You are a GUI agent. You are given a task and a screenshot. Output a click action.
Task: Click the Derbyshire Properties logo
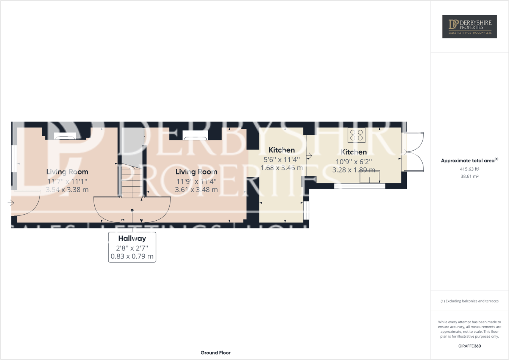[x=469, y=26]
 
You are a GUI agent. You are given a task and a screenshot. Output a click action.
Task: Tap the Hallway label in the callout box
[x=132, y=238]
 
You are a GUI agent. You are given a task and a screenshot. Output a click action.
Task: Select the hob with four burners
[x=356, y=135]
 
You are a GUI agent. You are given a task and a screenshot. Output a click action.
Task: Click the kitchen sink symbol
[x=369, y=177]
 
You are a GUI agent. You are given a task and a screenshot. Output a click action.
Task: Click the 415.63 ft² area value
[x=470, y=169]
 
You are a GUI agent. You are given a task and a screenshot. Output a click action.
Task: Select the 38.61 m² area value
[x=470, y=176]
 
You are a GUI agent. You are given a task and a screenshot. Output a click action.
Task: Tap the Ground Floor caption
[x=215, y=353]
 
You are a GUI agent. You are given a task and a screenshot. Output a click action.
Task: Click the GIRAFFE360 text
[x=470, y=346]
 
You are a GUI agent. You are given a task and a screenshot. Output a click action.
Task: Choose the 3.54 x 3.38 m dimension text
[x=67, y=190]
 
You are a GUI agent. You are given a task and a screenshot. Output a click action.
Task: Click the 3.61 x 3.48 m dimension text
[x=196, y=190]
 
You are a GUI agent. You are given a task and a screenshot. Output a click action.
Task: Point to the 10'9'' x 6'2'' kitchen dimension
[x=354, y=161]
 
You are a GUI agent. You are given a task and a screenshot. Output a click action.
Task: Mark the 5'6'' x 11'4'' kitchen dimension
[x=281, y=159]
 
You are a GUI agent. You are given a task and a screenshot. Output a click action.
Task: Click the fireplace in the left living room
[x=65, y=136]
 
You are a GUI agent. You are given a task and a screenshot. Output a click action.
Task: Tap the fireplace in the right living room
[x=195, y=135]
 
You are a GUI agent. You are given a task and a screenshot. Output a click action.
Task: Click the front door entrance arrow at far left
[x=11, y=203]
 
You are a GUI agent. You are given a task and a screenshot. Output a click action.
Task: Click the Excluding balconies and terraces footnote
[x=470, y=301]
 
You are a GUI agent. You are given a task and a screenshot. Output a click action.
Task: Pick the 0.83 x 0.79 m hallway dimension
[x=132, y=256]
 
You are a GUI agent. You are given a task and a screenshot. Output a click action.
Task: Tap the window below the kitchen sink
[x=359, y=186]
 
